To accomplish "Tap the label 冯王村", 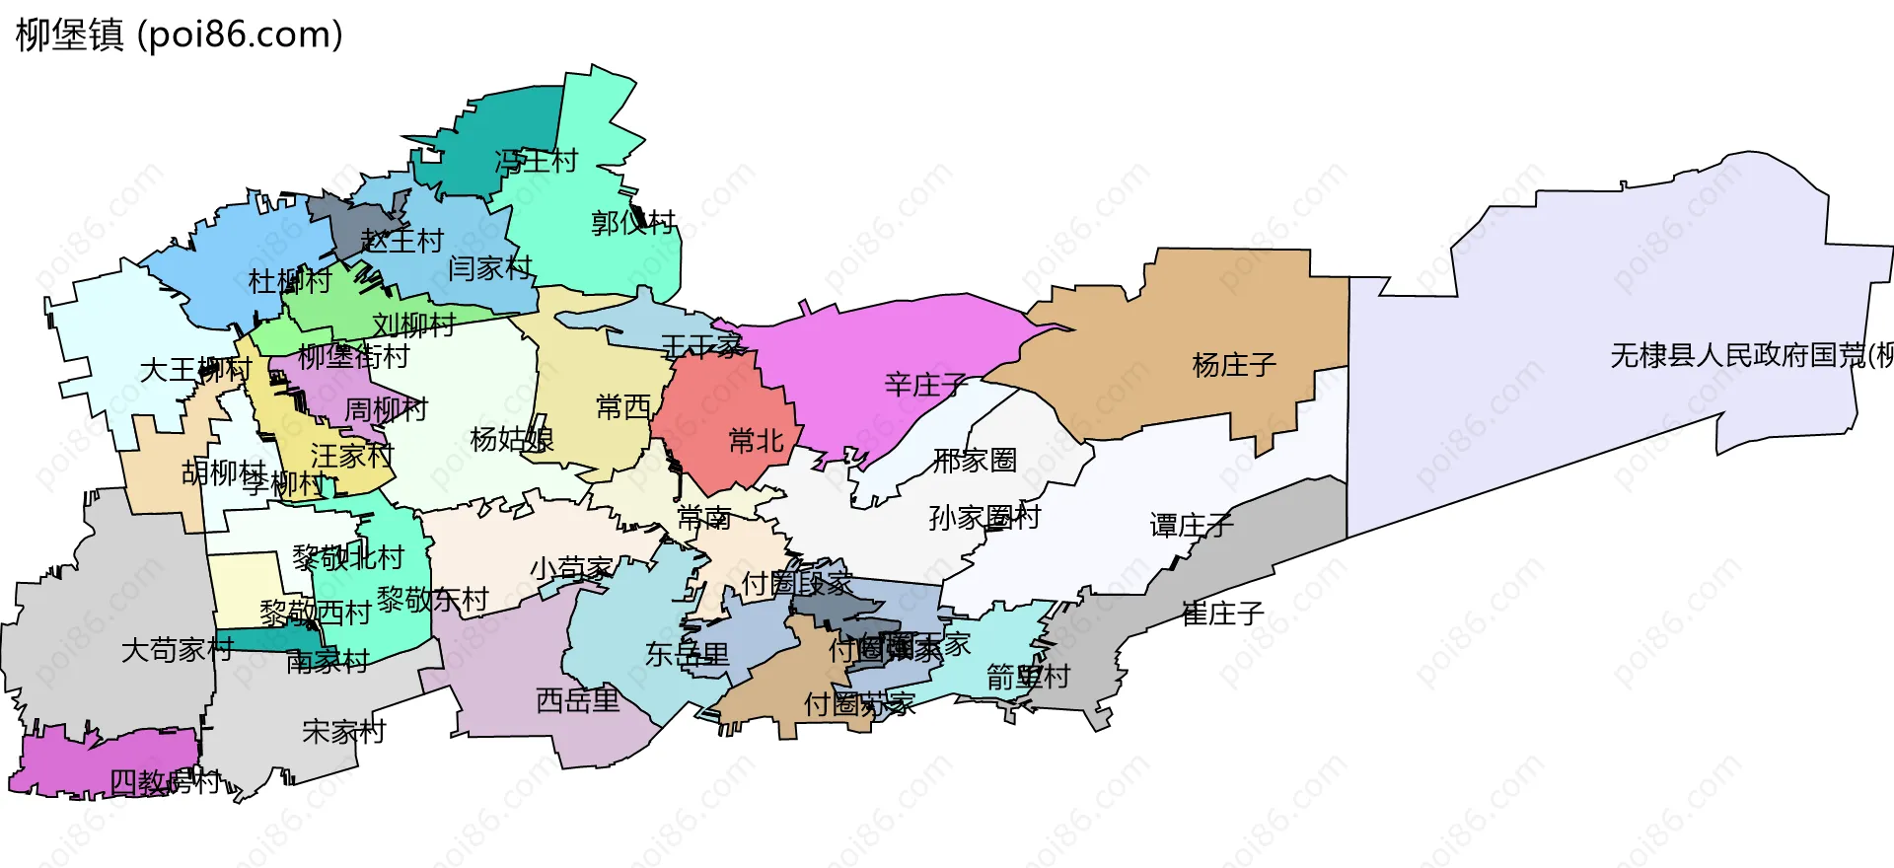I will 536,161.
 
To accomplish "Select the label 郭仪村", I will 633,223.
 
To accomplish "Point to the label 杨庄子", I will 1234,366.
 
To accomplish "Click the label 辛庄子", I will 925,385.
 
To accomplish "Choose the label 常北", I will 756,441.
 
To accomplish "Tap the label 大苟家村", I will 177,650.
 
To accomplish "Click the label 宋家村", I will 343,732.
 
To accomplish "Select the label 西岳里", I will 577,701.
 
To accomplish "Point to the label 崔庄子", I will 1222,615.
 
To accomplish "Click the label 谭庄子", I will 1192,526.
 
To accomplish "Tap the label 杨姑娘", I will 511,439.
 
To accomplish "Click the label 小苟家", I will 571,569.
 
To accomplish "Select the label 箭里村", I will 1028,678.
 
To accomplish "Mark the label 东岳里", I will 687,654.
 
